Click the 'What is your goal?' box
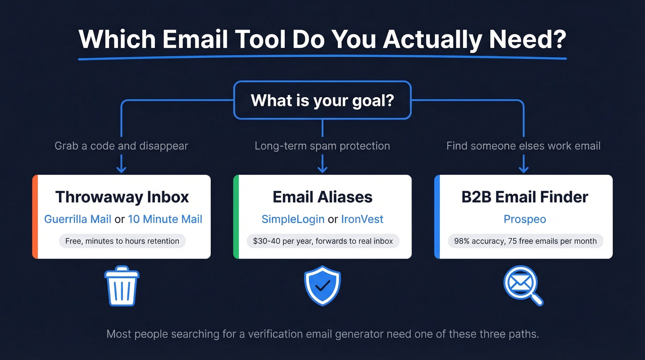322,100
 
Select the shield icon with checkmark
322,286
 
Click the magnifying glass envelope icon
522,286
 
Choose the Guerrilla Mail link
77,219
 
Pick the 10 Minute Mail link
165,219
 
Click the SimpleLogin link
293,219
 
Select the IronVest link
362,219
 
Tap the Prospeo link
525,219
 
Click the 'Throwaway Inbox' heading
122,197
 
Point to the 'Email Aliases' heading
322,197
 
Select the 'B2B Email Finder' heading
525,197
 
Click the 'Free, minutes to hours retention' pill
122,241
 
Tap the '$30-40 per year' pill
322,241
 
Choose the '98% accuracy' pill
525,241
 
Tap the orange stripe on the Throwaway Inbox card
35,217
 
